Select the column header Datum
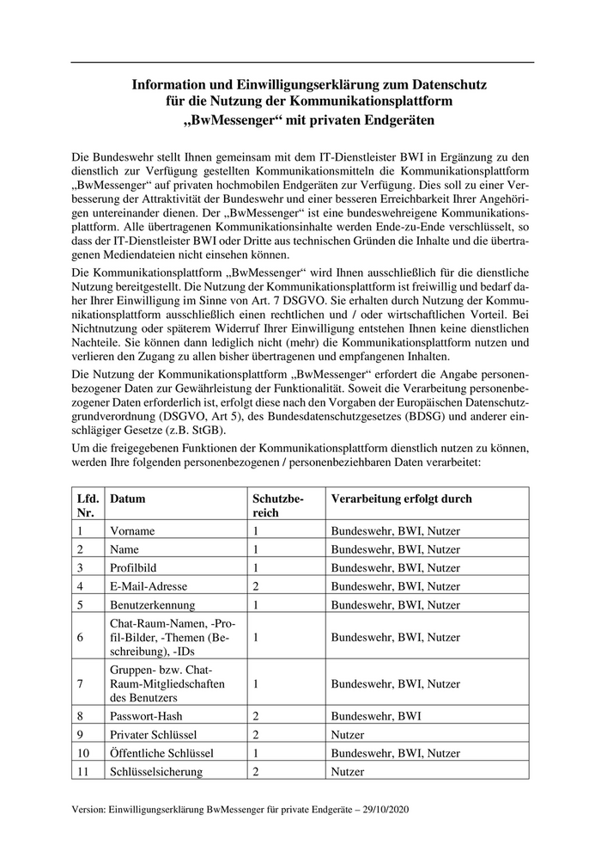point(128,499)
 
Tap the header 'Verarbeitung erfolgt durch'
point(401,499)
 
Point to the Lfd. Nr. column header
point(88,505)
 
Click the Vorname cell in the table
point(132,531)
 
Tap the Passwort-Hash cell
point(147,715)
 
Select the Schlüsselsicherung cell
point(156,772)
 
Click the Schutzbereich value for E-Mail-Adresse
point(256,586)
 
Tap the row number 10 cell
point(83,753)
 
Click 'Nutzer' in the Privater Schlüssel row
point(348,734)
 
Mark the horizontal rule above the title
point(301,62)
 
